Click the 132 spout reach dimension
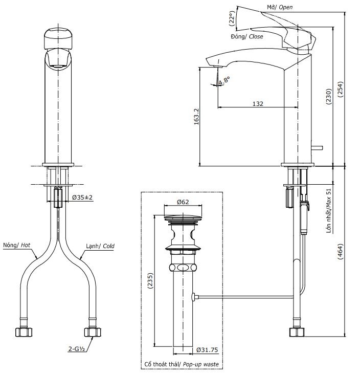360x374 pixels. [x=258, y=103]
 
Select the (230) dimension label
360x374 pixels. [x=328, y=94]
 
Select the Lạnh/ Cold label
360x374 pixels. [x=100, y=246]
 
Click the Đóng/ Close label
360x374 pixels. [x=247, y=37]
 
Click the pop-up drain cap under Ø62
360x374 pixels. [x=183, y=220]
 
